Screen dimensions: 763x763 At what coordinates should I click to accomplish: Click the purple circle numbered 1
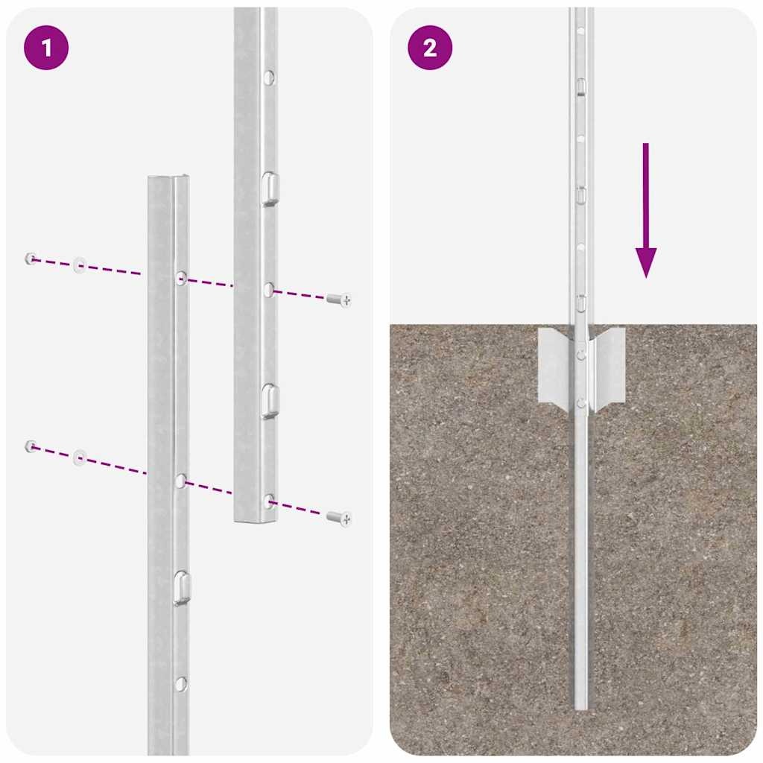click(x=46, y=48)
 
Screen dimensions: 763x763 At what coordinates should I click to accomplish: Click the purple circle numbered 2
click(x=430, y=48)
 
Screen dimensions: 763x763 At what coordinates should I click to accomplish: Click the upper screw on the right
click(x=339, y=300)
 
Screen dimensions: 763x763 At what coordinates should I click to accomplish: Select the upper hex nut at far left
click(x=31, y=259)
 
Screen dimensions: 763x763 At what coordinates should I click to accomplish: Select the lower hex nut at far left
click(x=31, y=446)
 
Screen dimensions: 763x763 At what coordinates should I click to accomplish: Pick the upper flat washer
click(x=79, y=265)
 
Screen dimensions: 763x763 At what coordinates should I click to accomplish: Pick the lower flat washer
click(x=79, y=457)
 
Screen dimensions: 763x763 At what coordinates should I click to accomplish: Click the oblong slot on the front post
click(x=181, y=587)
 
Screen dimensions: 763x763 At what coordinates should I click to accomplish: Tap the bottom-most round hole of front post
click(x=180, y=683)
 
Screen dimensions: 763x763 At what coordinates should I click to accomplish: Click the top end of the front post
click(x=168, y=179)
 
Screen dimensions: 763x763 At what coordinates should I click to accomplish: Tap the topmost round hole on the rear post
click(x=269, y=76)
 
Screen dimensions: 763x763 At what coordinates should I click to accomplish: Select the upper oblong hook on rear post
click(x=270, y=188)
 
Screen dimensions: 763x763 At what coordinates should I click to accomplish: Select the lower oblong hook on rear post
click(x=270, y=400)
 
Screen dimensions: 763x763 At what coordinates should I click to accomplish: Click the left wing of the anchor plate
click(x=554, y=366)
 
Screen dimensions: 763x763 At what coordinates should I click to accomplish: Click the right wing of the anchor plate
click(x=609, y=366)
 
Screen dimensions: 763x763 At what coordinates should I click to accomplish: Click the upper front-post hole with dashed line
click(x=181, y=278)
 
